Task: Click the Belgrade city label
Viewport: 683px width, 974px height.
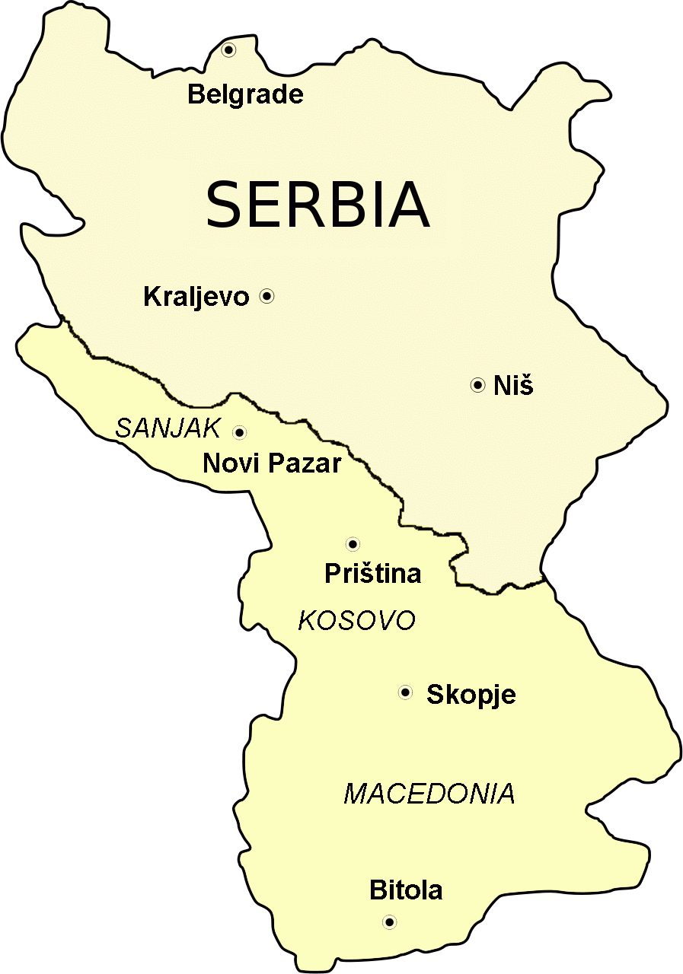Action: tap(245, 94)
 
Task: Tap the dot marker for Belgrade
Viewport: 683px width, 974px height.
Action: tap(228, 50)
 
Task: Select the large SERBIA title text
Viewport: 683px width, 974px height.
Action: tap(318, 205)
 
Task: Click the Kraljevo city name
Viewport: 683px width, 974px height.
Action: tap(196, 297)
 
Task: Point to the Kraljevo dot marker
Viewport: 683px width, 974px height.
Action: tap(266, 297)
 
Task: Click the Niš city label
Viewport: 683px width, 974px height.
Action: tap(513, 386)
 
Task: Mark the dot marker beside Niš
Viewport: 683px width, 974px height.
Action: tap(477, 386)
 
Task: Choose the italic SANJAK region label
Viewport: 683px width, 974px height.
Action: tap(168, 429)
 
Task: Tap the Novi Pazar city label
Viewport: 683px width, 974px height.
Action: tap(272, 463)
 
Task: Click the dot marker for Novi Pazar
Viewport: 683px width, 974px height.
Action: tap(240, 432)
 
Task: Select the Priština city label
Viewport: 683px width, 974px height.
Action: tap(372, 573)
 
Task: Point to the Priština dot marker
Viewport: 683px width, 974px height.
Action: tap(353, 544)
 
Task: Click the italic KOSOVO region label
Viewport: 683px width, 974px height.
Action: tap(356, 620)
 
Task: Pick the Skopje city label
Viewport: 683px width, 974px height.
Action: tap(471, 695)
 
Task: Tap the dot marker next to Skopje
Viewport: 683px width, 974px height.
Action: tap(405, 692)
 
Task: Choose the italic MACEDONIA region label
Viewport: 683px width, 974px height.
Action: tap(429, 794)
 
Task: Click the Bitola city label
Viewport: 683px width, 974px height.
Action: tap(406, 890)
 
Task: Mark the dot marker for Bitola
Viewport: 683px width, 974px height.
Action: tap(390, 923)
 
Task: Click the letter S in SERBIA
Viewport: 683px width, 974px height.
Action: tap(225, 205)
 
